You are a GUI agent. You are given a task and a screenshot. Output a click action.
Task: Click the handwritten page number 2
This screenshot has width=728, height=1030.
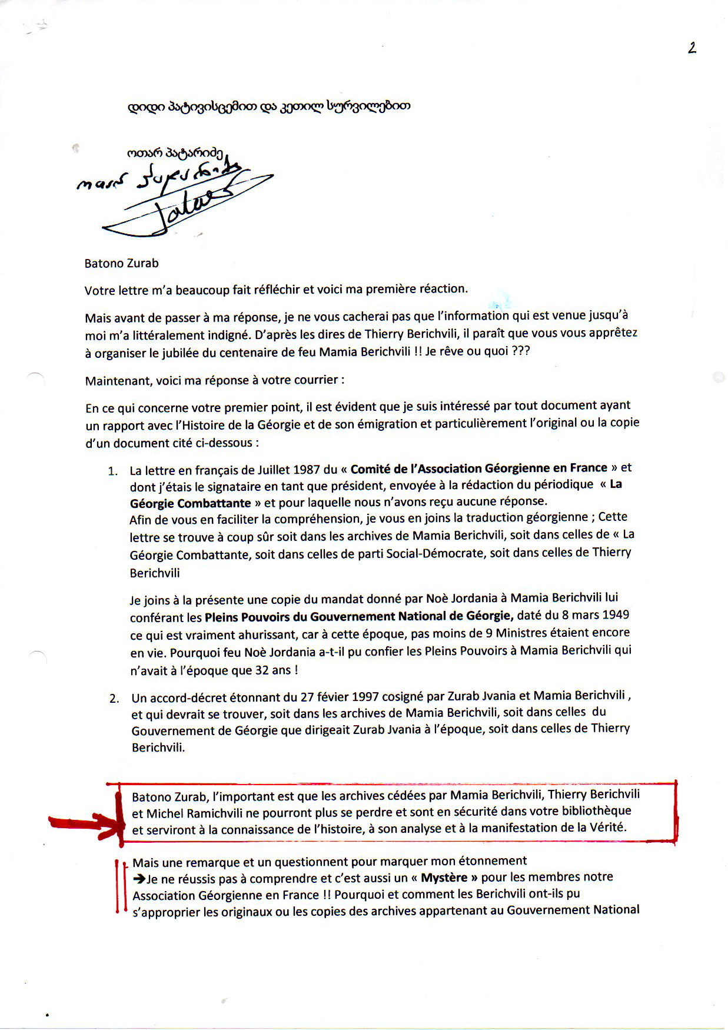692,48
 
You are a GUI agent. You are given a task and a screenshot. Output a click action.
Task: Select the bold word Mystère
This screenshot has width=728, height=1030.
444,878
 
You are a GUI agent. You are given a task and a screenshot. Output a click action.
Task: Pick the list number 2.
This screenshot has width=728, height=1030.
114,699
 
